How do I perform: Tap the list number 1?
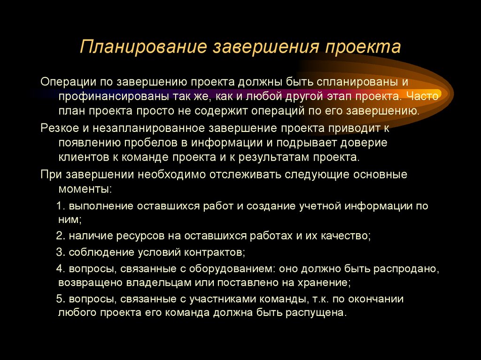coord(59,206)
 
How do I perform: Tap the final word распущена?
coord(316,313)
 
